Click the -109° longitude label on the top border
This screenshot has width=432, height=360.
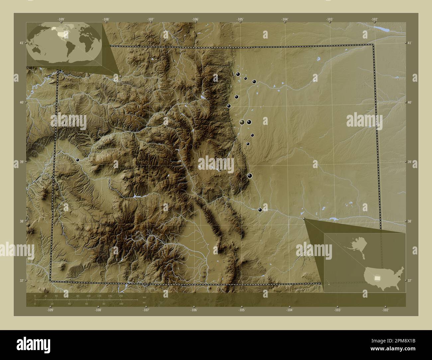click(x=61, y=20)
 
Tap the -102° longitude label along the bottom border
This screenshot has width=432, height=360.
click(x=385, y=310)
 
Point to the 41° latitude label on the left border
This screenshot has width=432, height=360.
click(x=21, y=43)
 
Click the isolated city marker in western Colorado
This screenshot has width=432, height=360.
click(x=77, y=160)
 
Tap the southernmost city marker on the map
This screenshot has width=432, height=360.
click(x=260, y=210)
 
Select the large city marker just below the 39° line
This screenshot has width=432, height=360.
click(x=250, y=175)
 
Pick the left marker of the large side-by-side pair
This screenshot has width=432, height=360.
click(x=242, y=122)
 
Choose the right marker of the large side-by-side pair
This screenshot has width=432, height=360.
click(x=249, y=122)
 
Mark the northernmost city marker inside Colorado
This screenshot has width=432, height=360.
click(x=238, y=74)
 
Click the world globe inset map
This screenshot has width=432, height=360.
click(x=64, y=44)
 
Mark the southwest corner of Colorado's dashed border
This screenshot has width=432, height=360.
click(x=51, y=281)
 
